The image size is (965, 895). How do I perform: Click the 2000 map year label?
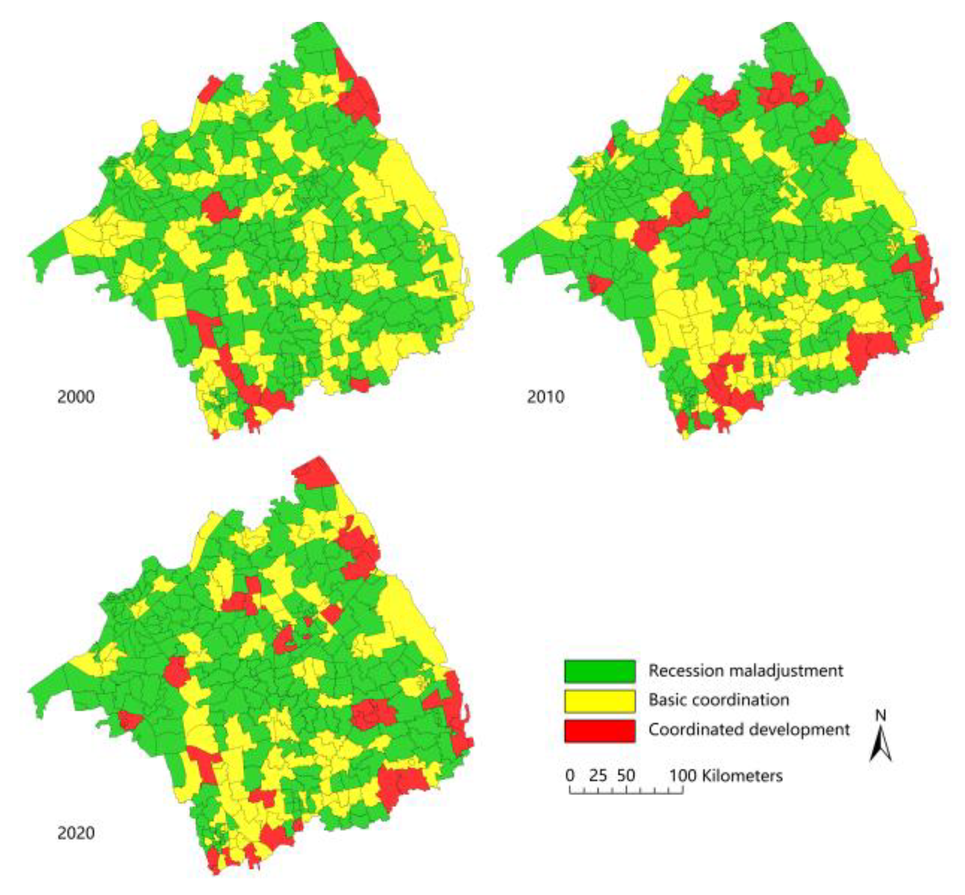coord(76,397)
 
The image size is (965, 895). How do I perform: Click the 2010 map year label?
coord(545,397)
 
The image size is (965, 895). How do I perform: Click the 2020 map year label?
coord(76,832)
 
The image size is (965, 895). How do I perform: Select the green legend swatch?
coord(599,671)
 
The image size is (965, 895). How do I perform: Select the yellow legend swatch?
coord(599,701)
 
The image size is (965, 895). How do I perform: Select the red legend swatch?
coord(599,731)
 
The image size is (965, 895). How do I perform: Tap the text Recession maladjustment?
coord(745,670)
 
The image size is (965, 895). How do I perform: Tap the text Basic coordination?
coord(719,700)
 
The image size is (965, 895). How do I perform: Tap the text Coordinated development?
coord(749,730)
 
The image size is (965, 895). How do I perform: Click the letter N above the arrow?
coord(880,716)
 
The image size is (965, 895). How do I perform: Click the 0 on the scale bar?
coord(570,775)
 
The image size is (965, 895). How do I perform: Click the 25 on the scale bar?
coord(598,775)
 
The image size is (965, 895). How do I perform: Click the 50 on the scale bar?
coord(626,775)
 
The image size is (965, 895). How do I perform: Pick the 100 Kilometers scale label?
coord(725,775)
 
